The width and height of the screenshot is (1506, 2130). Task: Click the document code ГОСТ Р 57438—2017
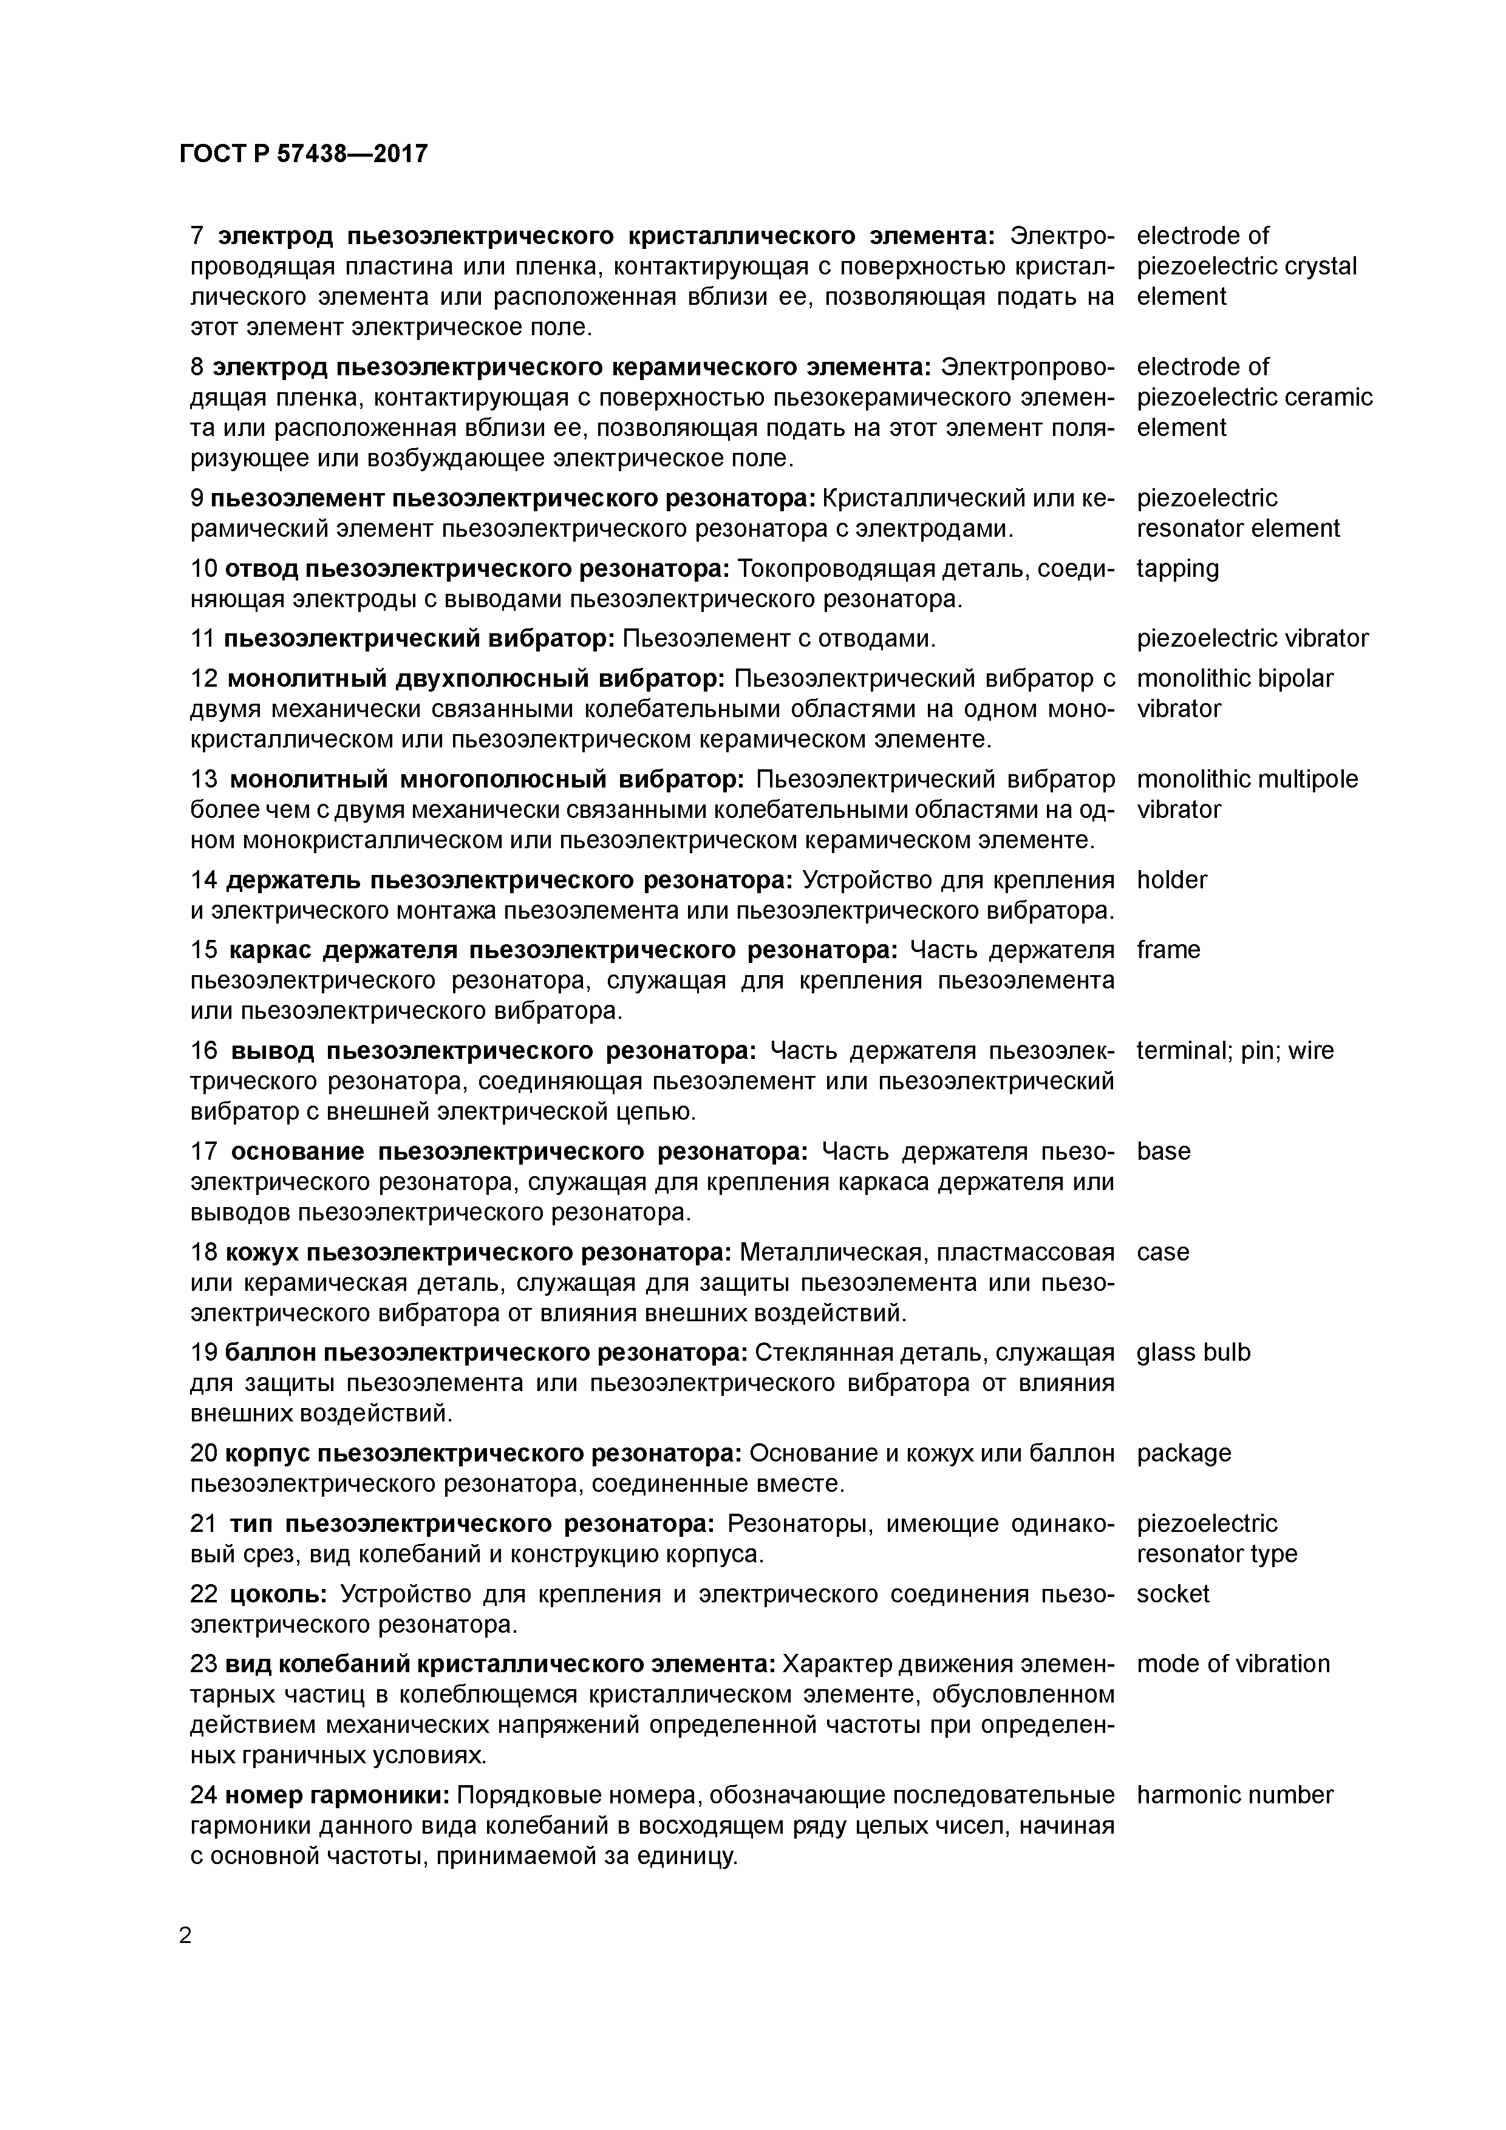[x=304, y=153]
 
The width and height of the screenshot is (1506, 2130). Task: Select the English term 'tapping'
[x=1177, y=569]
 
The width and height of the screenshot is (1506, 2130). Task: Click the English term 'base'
[x=1164, y=1151]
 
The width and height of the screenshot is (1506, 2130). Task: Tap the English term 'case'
[x=1163, y=1253]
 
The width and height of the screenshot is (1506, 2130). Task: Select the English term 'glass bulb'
[x=1193, y=1353]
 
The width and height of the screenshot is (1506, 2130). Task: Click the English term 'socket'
[x=1173, y=1594]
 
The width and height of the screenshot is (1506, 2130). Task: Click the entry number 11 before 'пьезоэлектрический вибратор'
[x=202, y=638]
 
